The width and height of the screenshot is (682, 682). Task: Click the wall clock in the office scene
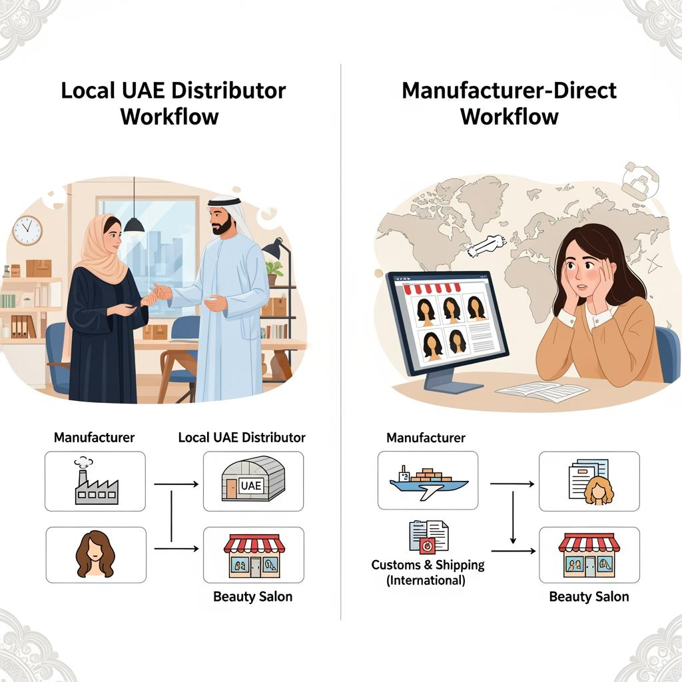tap(27, 230)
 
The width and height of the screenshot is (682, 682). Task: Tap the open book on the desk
tap(533, 392)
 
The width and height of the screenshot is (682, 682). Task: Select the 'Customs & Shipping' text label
tap(428, 565)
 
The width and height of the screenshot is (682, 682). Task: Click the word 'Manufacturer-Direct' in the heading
tap(510, 90)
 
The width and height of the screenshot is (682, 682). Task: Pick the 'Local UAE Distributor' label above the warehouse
tap(242, 438)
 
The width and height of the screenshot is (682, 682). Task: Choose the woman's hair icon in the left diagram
tap(96, 553)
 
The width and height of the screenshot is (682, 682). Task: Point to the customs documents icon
tap(428, 537)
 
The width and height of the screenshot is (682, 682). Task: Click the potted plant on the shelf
tap(274, 270)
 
